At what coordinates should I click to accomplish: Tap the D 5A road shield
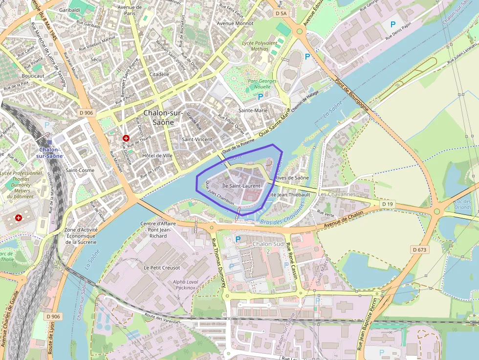tap(281, 14)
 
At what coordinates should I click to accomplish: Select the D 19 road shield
tap(387, 203)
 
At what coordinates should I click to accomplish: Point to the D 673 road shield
tap(419, 250)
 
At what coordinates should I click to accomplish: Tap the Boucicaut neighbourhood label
tap(33, 76)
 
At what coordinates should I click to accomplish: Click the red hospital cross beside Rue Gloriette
tap(126, 138)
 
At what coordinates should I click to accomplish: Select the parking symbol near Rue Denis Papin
tap(392, 24)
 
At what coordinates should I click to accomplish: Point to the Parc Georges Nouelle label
tap(262, 84)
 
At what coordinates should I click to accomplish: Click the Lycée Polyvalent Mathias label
tap(260, 45)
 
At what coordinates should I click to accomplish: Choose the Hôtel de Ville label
tap(157, 155)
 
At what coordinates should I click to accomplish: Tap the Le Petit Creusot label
tap(161, 268)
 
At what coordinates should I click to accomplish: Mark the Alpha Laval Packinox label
tap(185, 285)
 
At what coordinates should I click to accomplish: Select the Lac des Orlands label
tap(462, 204)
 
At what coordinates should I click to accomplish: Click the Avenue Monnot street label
tap(235, 23)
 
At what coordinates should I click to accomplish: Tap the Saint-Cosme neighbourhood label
tap(80, 170)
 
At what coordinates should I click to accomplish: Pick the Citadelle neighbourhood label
tap(159, 74)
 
